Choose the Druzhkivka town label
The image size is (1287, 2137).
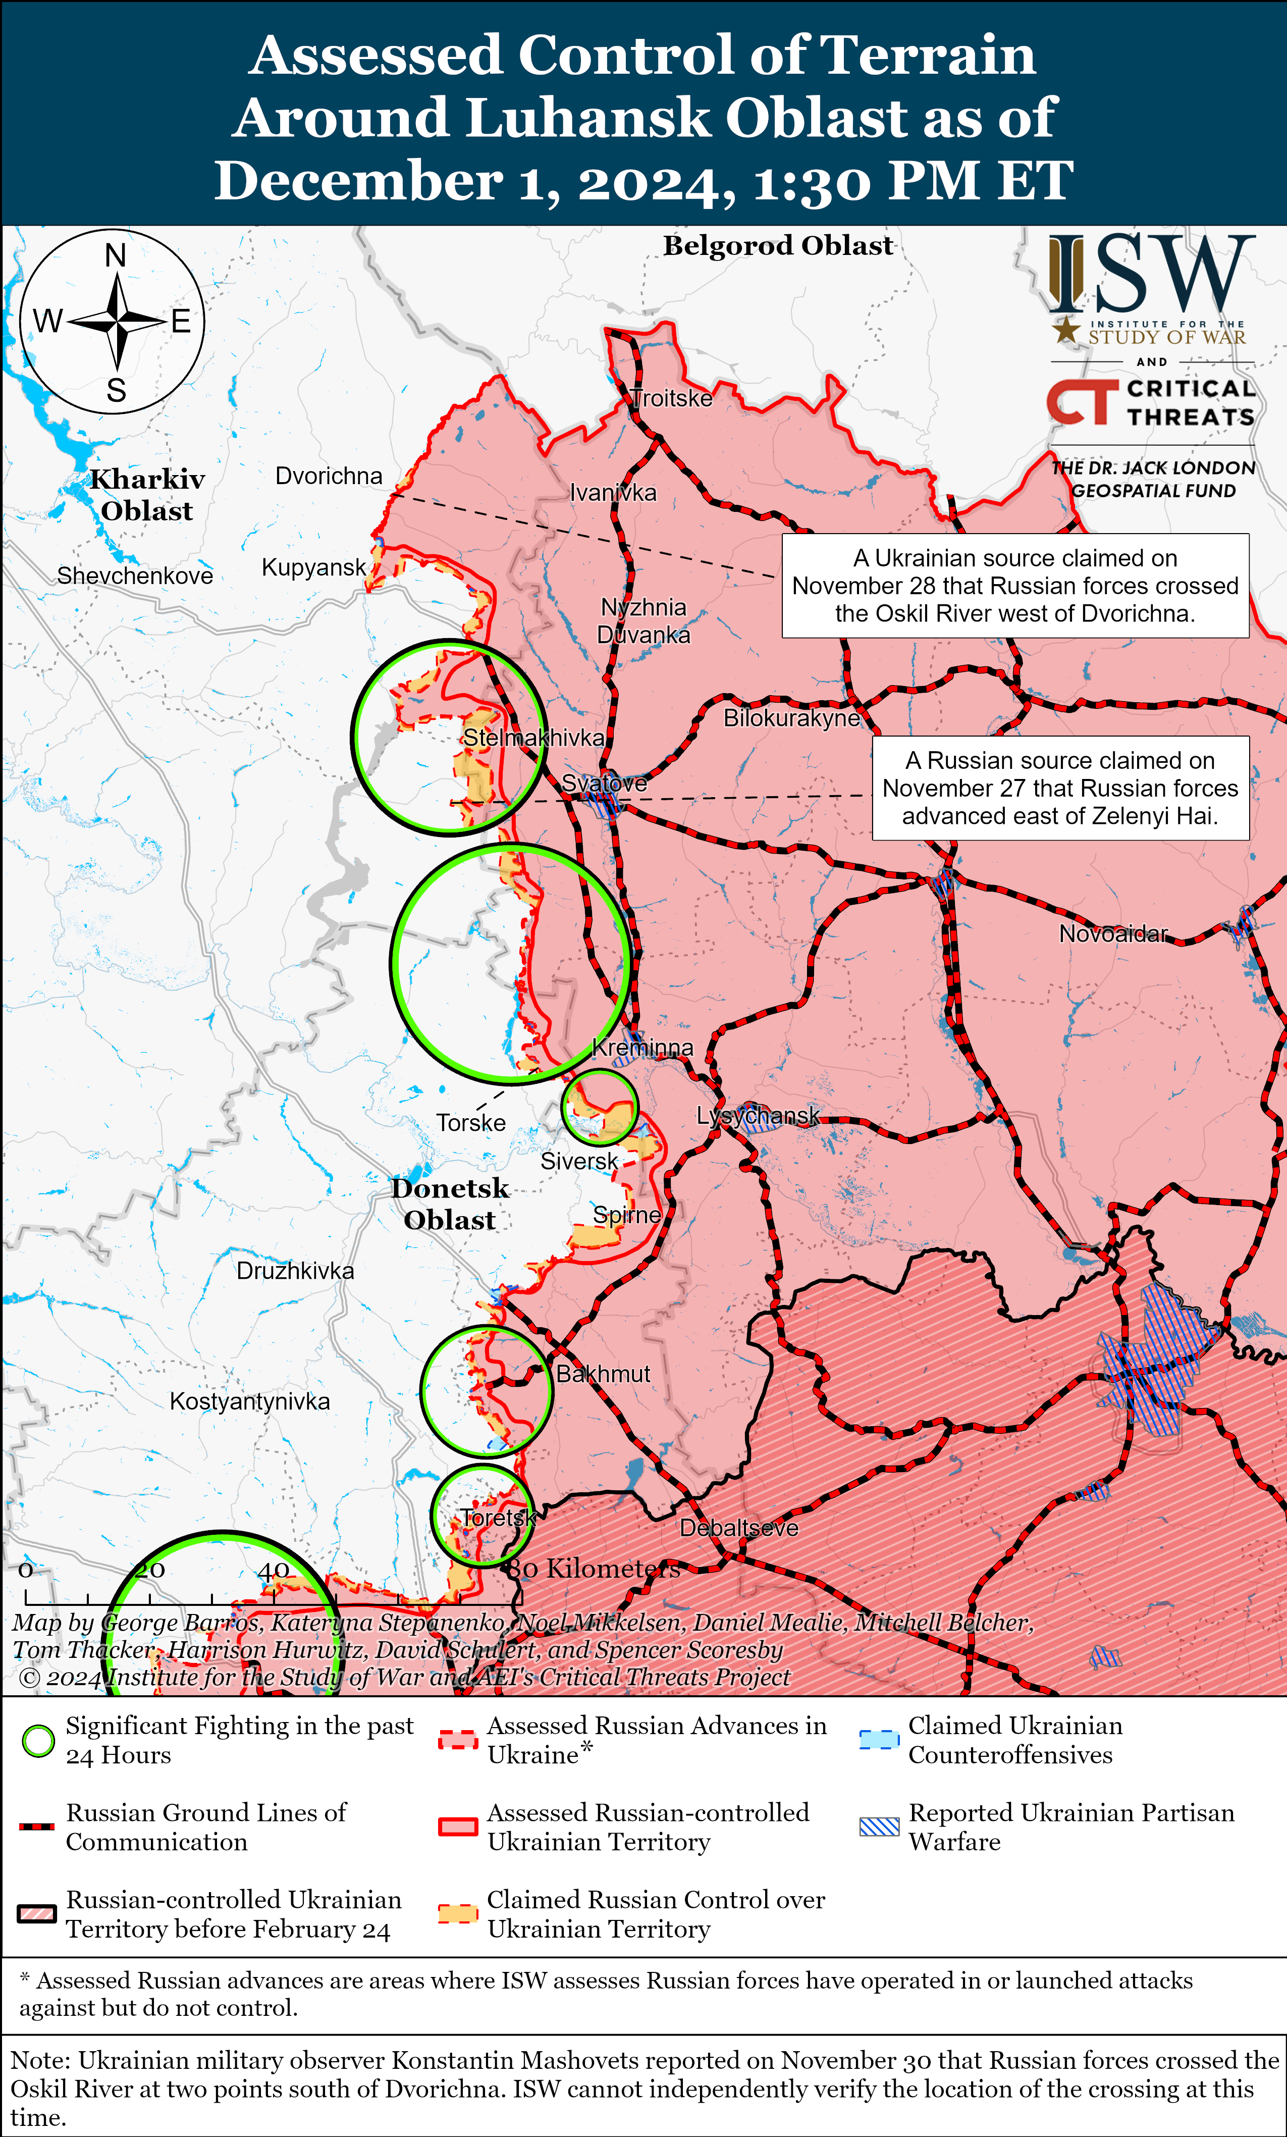[295, 1271]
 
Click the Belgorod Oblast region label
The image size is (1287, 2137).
[778, 246]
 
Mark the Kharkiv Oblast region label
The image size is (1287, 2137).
[147, 495]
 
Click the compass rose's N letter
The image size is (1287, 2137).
[116, 256]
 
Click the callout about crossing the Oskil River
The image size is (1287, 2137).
[1014, 586]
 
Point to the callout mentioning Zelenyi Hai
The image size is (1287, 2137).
[1060, 789]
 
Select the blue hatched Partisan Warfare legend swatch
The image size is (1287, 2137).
[879, 1827]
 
